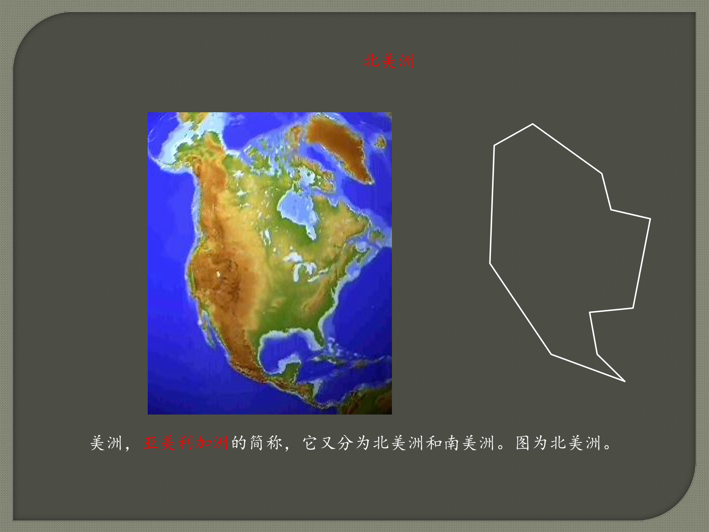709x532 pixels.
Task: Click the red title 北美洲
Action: pos(388,61)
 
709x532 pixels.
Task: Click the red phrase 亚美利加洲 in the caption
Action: pos(186,443)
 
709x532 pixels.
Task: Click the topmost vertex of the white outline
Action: pos(533,124)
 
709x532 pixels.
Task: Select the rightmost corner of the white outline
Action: pos(650,219)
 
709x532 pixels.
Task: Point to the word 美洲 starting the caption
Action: pos(106,443)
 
